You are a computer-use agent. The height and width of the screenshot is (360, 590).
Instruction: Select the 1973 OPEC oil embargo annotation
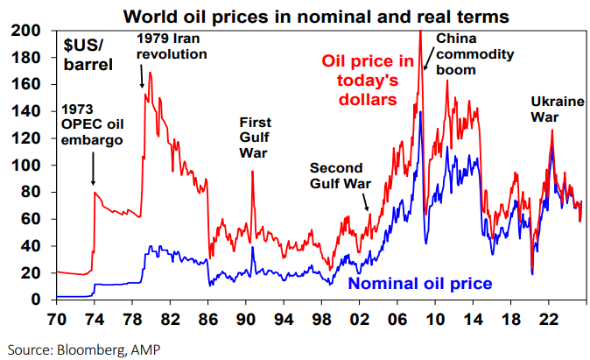[92, 125]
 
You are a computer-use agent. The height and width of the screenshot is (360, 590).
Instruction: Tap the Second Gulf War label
[340, 175]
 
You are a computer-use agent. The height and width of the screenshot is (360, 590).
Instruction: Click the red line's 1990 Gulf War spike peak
[252, 173]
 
